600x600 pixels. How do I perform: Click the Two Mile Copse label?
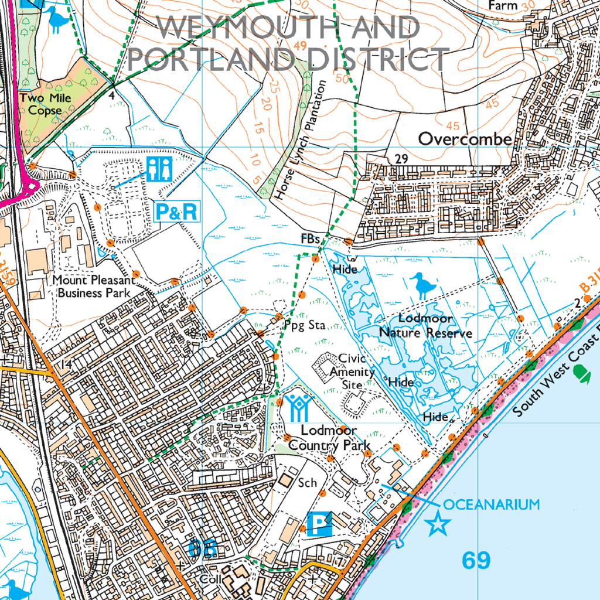[40, 104]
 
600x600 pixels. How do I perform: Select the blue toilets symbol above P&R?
[159, 169]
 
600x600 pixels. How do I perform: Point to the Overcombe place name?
[465, 139]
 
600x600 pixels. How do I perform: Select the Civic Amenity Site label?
[352, 371]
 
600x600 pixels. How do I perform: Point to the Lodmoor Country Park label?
[330, 438]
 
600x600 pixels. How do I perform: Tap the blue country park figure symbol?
[299, 407]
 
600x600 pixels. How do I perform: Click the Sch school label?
[307, 483]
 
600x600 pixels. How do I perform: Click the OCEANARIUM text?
[491, 504]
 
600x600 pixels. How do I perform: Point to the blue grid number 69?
[476, 561]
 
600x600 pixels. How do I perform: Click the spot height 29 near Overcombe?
[401, 159]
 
